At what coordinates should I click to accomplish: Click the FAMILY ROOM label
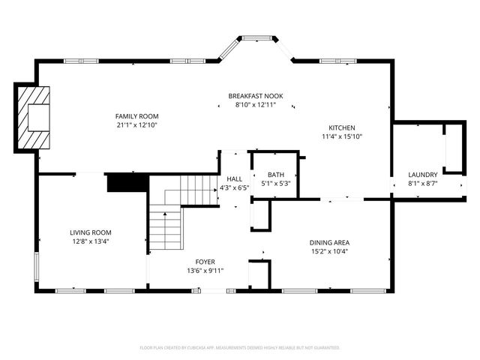click(136, 116)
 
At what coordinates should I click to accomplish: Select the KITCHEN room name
click(341, 127)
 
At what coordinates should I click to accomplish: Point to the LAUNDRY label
click(422, 175)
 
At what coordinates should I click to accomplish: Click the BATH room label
click(275, 174)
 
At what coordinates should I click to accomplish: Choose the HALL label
click(235, 179)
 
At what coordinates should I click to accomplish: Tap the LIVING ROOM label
click(91, 232)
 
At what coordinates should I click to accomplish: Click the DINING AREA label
click(329, 242)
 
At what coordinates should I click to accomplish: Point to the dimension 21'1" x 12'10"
click(136, 125)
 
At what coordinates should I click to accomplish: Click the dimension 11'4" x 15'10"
click(341, 136)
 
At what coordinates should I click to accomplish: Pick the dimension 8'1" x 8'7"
click(422, 184)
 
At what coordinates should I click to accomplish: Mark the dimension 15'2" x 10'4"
click(329, 251)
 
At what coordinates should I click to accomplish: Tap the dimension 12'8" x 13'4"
click(91, 241)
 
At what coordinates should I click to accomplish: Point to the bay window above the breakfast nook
click(256, 37)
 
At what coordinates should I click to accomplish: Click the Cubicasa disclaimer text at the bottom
click(240, 348)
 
